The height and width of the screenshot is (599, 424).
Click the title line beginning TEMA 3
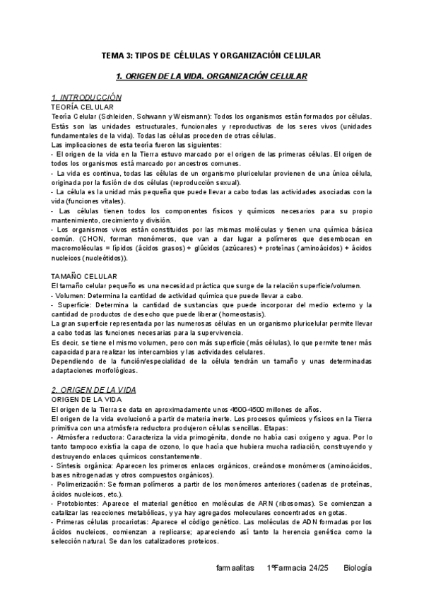pos(211,54)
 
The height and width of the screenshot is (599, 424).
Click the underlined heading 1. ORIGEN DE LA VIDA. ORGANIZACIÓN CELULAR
pos(211,75)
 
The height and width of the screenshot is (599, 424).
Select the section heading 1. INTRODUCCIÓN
pos(87,97)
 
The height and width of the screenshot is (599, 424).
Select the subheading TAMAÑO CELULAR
pos(85,275)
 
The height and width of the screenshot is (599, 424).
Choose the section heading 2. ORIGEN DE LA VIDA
pos(95,389)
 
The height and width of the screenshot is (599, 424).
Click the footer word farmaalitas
pos(235,568)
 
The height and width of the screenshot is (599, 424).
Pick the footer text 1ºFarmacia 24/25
pos(298,568)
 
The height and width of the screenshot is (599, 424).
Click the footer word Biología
pos(358,568)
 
